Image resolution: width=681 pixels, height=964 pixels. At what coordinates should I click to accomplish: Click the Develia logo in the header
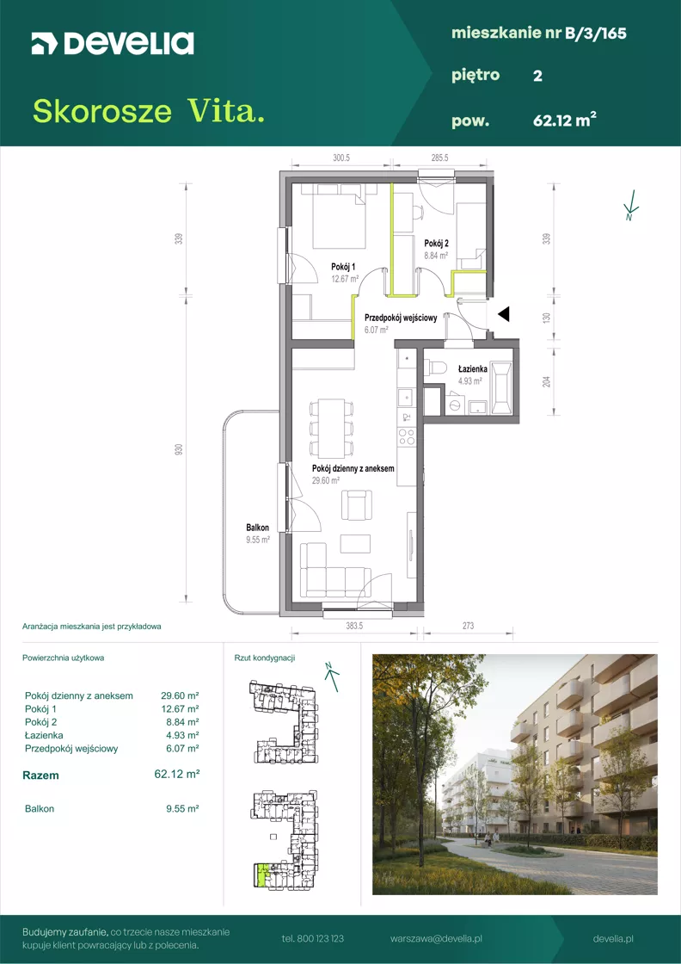pos(113,44)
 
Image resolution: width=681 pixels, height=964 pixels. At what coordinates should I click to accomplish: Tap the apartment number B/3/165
pos(596,34)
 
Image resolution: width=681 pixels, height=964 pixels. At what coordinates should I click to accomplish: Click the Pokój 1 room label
pos(343,266)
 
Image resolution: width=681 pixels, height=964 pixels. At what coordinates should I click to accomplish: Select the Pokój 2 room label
pos(435,243)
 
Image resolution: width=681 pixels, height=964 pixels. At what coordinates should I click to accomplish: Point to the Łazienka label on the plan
pos(473,369)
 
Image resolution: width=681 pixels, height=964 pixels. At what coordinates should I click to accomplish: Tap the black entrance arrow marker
pos(504,315)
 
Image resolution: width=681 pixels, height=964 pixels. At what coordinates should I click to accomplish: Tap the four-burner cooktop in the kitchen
pos(407,437)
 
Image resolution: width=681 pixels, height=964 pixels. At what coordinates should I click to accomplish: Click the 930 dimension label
pos(179,450)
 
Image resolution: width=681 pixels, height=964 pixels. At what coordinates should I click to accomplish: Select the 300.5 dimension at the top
pos(340,158)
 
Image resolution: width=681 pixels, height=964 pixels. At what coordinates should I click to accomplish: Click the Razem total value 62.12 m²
pos(176,775)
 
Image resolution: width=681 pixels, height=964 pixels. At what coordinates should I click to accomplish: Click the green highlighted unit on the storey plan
pos(262,874)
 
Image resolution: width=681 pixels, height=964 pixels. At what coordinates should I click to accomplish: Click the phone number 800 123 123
pos(322,939)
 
